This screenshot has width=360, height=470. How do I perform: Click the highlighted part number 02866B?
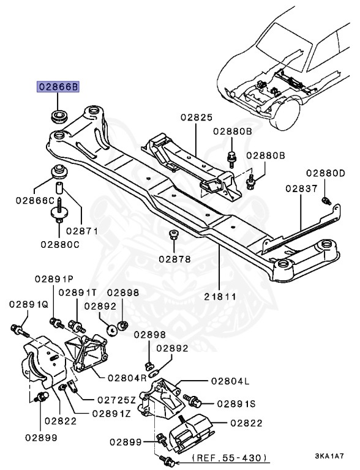coord(58,88)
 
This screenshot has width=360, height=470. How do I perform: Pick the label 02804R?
coord(127,378)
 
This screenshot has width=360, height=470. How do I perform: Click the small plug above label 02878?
coord(173,235)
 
